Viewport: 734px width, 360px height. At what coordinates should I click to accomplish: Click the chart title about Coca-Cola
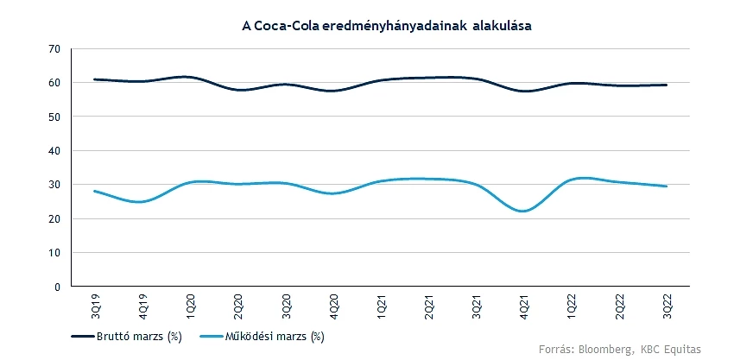386,27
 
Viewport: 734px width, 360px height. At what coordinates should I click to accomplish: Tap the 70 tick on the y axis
54,48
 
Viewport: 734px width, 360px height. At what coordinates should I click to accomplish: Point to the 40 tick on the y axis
54,150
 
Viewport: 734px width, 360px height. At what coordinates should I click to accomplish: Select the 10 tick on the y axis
54,252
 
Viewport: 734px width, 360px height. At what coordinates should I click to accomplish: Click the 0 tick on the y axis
56,287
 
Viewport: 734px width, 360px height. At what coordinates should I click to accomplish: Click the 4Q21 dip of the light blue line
523,211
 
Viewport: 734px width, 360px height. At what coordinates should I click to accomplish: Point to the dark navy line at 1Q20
189,77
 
